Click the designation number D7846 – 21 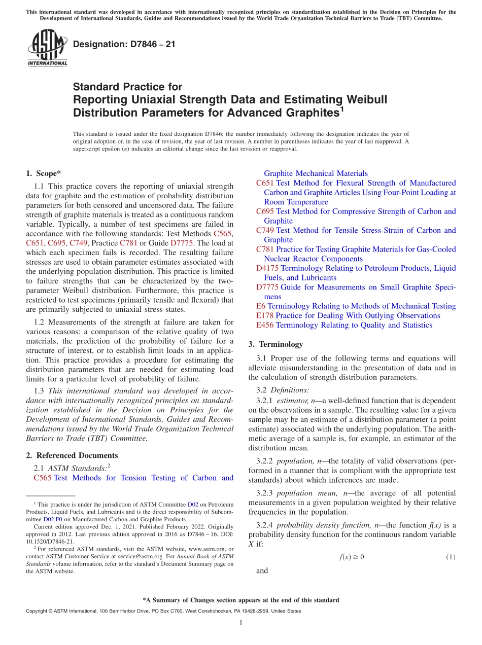(x=124, y=44)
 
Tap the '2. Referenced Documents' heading (x=76, y=455)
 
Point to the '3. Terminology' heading (x=276, y=344)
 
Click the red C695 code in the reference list (x=265, y=211)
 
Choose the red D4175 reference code (x=267, y=268)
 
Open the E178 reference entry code (x=265, y=315)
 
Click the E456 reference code (x=265, y=325)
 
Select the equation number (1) (x=451, y=557)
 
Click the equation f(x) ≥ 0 (x=352, y=557)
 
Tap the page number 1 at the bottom (x=241, y=623)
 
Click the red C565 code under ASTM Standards (x=43, y=478)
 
